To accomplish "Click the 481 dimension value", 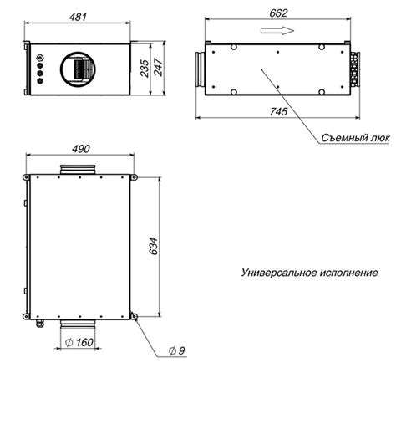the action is (78, 18).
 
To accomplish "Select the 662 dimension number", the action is (278, 13).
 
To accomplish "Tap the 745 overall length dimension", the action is (278, 111).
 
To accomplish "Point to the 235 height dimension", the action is (145, 69).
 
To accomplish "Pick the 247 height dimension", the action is (158, 67).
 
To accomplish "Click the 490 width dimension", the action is (81, 149).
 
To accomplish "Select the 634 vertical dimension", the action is (154, 246).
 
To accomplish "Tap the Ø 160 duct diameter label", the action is (79, 342).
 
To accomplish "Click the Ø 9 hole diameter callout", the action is (177, 350).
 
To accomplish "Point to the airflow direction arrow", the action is (277, 30).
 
